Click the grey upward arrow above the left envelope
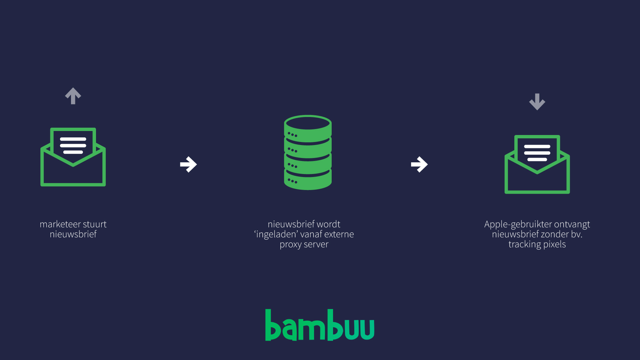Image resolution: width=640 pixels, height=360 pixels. (73, 96)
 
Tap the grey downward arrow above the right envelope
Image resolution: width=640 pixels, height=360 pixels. (537, 102)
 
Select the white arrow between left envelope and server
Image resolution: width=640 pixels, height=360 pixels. (188, 164)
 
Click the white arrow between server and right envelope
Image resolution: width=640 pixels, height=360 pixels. (419, 164)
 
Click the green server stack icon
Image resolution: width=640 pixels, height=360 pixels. (308, 153)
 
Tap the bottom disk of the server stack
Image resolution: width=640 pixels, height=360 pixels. (308, 180)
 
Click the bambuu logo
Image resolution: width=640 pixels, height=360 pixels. (320, 325)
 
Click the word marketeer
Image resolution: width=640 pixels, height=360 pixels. (60, 224)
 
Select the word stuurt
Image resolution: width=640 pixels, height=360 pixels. (95, 224)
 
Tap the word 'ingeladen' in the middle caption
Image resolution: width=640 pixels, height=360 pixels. (276, 234)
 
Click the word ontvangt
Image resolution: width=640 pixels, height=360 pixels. (572, 224)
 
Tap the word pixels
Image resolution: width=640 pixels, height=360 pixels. (555, 244)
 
